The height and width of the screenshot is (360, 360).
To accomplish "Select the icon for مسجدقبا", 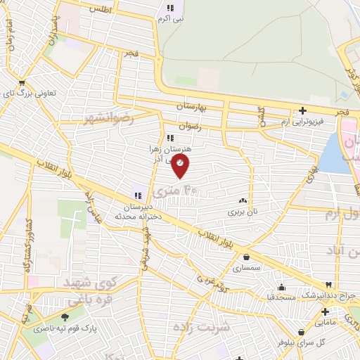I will [x=282, y=286].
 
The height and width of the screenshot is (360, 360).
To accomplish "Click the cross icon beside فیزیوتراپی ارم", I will [x=302, y=110].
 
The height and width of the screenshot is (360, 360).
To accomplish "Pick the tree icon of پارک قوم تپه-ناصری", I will [x=65, y=317].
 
